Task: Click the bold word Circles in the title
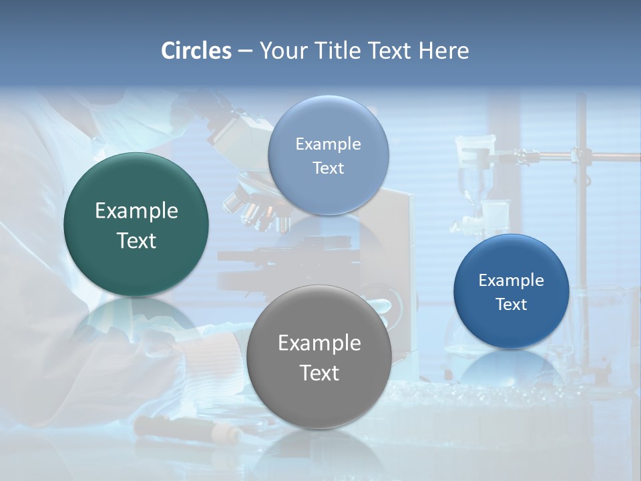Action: [196, 51]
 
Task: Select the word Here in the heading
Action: [443, 51]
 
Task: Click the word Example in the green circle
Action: [136, 211]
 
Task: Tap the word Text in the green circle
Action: [136, 240]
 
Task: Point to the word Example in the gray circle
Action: [319, 343]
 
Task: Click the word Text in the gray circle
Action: [319, 373]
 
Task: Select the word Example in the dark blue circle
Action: [511, 281]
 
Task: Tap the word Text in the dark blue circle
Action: [511, 305]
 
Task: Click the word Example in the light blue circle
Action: [328, 144]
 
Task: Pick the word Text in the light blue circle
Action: [328, 168]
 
